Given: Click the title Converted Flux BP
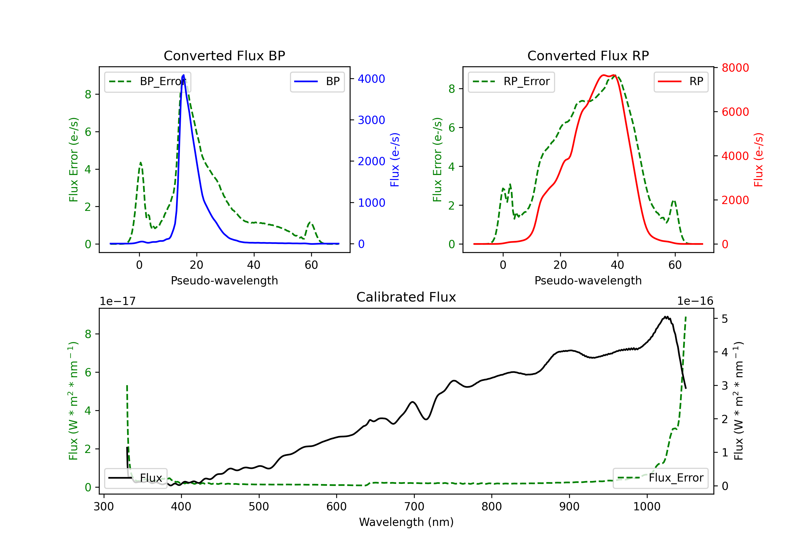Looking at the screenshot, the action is coord(224,55).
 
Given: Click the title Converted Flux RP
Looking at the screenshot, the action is coord(588,55).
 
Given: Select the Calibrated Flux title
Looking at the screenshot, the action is coord(406,297).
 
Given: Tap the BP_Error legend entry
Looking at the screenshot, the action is coord(147,81).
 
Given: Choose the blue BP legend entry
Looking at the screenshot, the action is coord(317,81).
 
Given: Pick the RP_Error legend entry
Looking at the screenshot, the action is coord(511,81).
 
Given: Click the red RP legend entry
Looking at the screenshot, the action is coord(680,81).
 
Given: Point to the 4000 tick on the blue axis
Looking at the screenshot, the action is coord(371,79).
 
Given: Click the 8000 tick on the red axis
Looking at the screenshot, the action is coord(735,68).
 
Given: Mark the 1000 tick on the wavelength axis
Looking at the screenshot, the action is coord(647,506).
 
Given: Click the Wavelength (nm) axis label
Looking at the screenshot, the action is coord(406,522).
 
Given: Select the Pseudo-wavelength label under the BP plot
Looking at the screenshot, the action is coord(224,280).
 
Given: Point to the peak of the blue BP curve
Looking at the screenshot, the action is coord(183,75).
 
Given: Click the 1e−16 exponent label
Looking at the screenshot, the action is coord(695,301).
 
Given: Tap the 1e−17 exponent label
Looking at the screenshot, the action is coord(118,301).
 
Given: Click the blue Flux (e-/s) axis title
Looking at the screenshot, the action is coord(395,160).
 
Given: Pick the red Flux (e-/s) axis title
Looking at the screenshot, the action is coord(758,160).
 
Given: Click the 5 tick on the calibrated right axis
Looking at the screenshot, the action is coord(725,319).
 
